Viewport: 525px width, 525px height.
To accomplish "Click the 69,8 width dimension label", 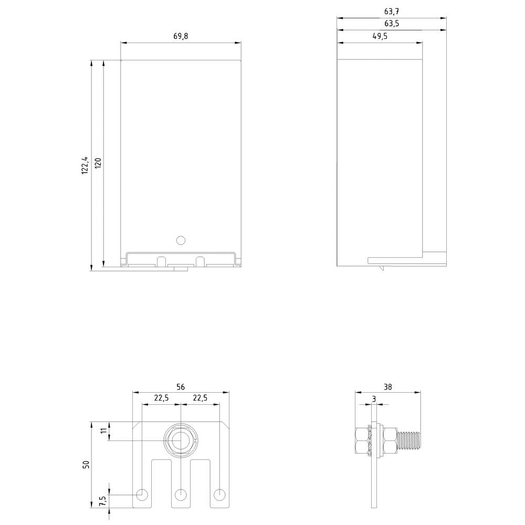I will pyautogui.click(x=180, y=36).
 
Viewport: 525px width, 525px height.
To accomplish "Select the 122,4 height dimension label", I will pyautogui.click(x=85, y=165).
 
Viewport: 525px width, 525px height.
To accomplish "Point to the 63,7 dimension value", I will pyautogui.click(x=391, y=11).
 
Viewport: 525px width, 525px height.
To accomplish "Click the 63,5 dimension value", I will pyautogui.click(x=391, y=24).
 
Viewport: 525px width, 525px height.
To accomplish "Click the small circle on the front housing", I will pyautogui.click(x=181, y=240).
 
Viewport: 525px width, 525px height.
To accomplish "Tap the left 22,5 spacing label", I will pyautogui.click(x=161, y=398).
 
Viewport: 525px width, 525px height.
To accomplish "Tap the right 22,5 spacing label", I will pyautogui.click(x=200, y=398).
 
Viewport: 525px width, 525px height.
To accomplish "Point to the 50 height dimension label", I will pyautogui.click(x=87, y=464).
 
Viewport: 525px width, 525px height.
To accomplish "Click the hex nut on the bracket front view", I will pyautogui.click(x=181, y=440).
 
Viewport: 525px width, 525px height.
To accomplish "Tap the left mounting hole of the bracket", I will pyautogui.click(x=142, y=494).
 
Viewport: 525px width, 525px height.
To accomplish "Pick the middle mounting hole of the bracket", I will pyautogui.click(x=181, y=494).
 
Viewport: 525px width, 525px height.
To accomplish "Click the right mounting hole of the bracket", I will pyautogui.click(x=219, y=494).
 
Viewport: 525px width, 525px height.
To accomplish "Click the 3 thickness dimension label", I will pyautogui.click(x=374, y=398).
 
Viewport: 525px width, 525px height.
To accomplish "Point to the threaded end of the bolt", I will pyautogui.click(x=410, y=440).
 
